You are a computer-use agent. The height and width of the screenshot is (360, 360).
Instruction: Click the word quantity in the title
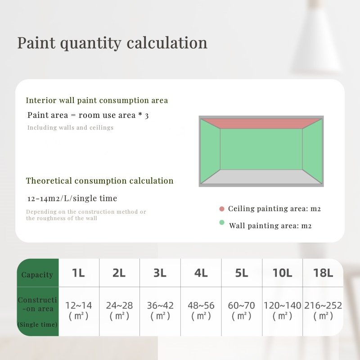(90, 43)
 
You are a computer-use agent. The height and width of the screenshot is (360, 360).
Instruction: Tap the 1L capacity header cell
(79, 273)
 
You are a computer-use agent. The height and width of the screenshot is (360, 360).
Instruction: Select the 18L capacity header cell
(323, 273)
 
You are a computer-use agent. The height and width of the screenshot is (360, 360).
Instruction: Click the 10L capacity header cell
(283, 273)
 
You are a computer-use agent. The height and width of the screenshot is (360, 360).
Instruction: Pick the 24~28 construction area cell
(119, 311)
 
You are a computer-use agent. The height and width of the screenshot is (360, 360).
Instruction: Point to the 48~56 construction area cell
(201, 311)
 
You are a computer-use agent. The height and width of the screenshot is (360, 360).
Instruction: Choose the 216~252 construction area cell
(323, 311)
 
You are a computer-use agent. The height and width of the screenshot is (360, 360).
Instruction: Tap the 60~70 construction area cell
(242, 311)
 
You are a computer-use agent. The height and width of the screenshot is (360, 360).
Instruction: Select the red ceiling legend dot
(222, 209)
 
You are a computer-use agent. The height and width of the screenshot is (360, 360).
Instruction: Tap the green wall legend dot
(222, 222)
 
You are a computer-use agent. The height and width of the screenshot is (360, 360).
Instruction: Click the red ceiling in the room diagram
(261, 124)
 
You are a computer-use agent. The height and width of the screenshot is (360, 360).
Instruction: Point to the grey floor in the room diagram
(261, 176)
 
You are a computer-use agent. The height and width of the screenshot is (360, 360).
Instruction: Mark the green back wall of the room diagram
(261, 149)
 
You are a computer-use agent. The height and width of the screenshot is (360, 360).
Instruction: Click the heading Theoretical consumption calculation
(99, 181)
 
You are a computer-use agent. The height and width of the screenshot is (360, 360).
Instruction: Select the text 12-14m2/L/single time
(72, 198)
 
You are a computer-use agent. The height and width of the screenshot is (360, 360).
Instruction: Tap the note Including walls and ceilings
(70, 128)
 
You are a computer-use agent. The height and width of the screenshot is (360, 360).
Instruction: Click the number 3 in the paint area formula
(147, 116)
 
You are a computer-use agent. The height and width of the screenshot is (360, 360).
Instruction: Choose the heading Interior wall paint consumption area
(97, 100)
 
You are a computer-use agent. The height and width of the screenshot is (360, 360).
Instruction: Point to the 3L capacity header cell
(160, 273)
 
